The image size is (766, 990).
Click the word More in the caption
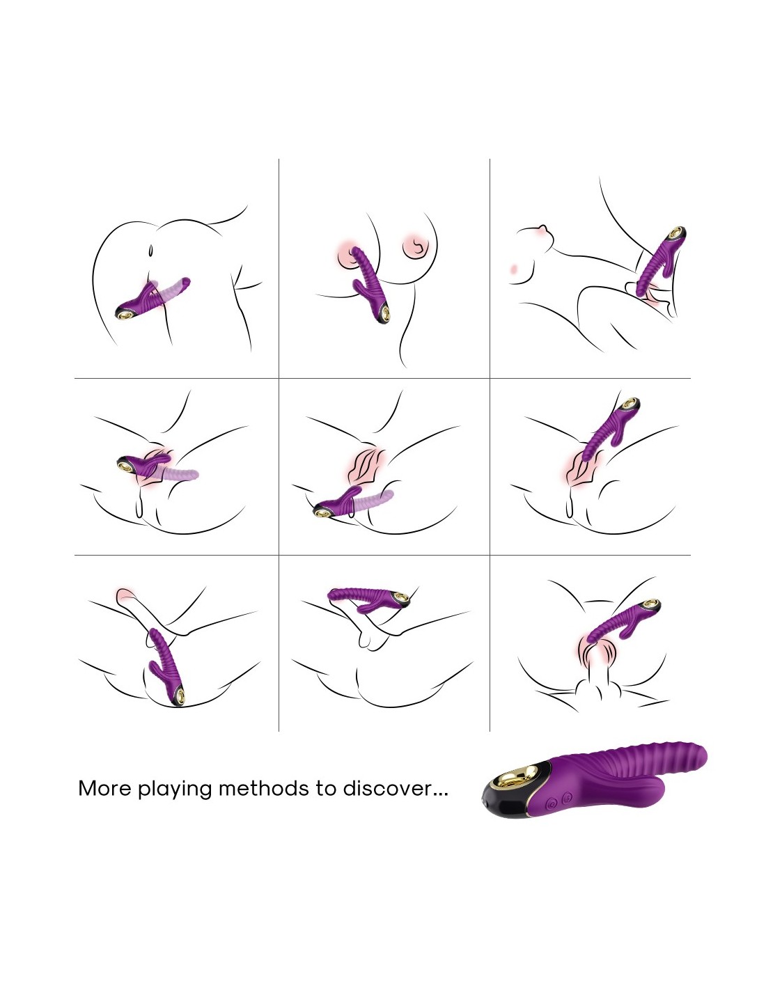coord(104,789)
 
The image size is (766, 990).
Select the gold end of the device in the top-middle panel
coord(386,315)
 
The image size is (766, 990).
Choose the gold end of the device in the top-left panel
coord(123,315)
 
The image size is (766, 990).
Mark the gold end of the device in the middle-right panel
coord(631,403)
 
